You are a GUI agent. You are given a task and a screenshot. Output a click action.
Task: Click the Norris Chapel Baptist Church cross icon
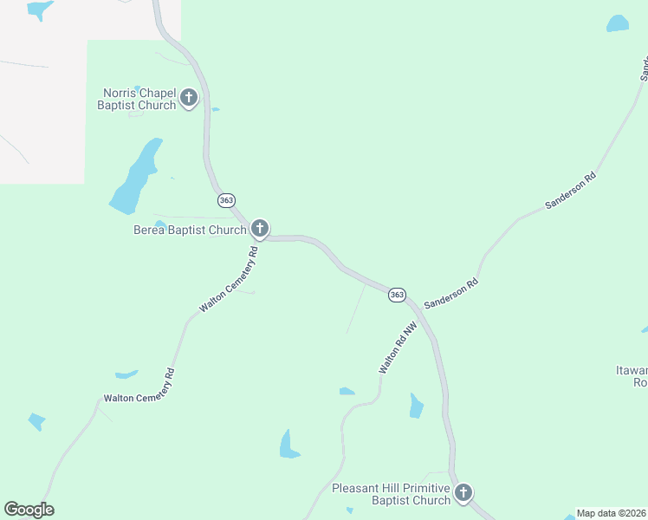pos(190,97)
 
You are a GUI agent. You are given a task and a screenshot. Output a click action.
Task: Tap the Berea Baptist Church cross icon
pos(259,229)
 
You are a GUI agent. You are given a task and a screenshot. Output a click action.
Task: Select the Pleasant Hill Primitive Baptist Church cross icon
pos(463,493)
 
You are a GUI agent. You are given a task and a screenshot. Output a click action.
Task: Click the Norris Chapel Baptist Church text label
pos(139,99)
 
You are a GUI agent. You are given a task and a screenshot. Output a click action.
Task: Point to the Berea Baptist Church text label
pos(190,231)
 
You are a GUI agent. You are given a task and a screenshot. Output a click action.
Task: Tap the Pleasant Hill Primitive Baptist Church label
pos(391,494)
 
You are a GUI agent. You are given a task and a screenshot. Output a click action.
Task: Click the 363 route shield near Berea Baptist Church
pos(227,200)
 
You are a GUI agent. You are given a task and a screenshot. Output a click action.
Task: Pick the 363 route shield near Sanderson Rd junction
pos(397,295)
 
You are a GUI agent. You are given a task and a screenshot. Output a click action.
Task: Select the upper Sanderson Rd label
pos(571,191)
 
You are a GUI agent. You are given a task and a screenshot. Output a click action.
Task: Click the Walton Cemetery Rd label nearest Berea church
pos(229,280)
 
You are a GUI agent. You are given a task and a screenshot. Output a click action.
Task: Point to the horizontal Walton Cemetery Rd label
pos(139,398)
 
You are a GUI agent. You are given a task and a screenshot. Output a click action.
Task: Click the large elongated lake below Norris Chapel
pos(137,178)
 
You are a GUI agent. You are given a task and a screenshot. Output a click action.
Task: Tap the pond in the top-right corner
pos(618,23)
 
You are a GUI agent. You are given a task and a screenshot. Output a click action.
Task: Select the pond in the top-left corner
pos(39,10)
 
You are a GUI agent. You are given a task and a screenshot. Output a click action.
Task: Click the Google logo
pos(29,510)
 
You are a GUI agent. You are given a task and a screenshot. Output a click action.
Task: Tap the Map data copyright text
pos(612,513)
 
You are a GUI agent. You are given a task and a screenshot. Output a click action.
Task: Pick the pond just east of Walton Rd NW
pos(417,405)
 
